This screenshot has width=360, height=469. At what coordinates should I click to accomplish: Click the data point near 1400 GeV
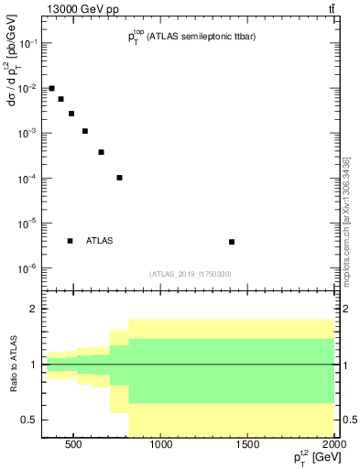(x=232, y=242)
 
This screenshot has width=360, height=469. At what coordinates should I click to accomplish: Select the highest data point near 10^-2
(x=52, y=88)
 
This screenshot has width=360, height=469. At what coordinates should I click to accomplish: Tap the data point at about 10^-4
(x=120, y=178)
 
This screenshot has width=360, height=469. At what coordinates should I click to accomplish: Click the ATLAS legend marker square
(x=70, y=241)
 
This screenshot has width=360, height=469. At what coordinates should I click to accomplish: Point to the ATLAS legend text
(x=99, y=241)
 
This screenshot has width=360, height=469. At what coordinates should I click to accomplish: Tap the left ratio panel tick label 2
(x=33, y=310)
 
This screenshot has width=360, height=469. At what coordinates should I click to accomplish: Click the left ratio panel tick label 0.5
(x=29, y=420)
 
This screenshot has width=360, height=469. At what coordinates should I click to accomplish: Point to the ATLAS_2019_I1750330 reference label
(x=191, y=274)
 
